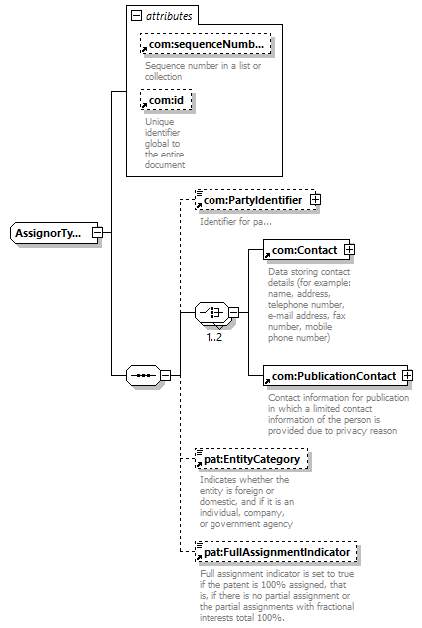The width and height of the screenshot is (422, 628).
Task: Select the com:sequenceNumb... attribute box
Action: pos(206,44)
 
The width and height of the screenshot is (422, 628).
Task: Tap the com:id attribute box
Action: pos(166,100)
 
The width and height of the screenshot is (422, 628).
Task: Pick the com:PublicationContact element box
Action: pos(335,376)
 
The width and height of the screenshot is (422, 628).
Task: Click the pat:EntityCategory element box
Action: pos(251,459)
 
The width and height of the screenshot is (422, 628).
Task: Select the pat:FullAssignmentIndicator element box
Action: pos(276,552)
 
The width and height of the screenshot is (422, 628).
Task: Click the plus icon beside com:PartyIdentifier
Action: pos(316,199)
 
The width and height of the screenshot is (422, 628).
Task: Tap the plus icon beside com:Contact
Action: pos(350,250)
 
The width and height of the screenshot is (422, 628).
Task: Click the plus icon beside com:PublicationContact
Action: pos(408,375)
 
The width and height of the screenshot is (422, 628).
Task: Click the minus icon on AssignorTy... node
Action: pos(98,232)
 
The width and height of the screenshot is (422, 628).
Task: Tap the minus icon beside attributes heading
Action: pos(137,16)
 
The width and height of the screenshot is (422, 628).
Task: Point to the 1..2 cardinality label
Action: pos(214,337)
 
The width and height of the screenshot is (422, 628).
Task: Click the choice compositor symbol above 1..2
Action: pos(212,312)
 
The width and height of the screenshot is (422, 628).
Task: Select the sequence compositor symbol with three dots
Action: pos(143,375)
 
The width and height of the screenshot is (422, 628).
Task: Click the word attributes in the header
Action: pos(169,16)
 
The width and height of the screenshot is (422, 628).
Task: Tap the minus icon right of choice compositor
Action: pos(234,312)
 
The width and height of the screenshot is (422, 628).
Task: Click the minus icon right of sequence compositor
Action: pos(166,375)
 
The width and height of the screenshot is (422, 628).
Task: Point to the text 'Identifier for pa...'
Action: pos(235,222)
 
